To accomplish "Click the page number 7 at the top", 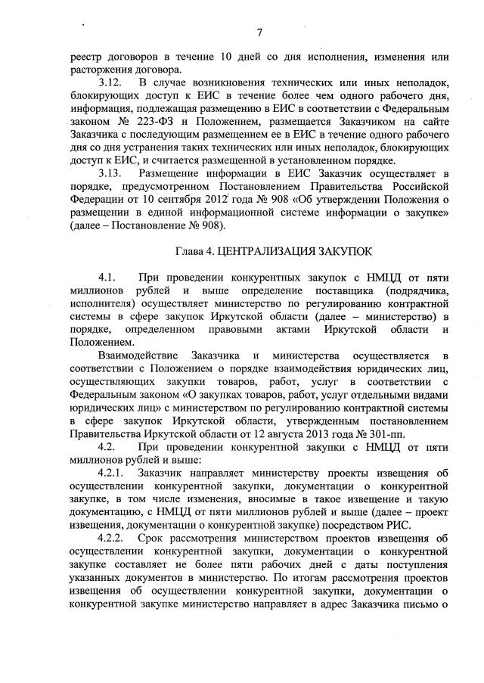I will (x=259, y=32).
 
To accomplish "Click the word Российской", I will (x=420, y=186).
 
